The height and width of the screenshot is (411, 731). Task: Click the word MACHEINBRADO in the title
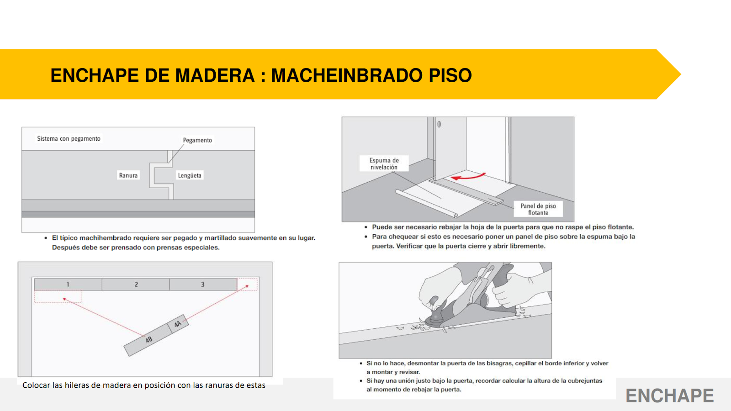346,75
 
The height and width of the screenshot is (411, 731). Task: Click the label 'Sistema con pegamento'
69,138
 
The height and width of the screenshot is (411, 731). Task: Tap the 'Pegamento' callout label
197,140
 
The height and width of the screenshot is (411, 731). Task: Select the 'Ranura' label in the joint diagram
128,175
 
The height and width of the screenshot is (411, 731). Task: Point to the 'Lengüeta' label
190,175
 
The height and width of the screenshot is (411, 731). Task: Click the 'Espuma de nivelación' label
384,163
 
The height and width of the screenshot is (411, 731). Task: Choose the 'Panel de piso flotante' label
538,209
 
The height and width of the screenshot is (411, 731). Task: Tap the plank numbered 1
68,285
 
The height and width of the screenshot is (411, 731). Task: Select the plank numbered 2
136,285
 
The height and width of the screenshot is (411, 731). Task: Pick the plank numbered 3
203,285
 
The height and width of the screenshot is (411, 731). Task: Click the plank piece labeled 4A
178,324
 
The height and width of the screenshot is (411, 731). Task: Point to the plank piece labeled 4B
148,340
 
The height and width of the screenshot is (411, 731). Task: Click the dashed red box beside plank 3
248,285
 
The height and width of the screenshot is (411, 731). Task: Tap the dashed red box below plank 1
58,297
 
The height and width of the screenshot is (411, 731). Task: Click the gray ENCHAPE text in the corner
669,395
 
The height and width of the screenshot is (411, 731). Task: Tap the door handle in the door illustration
439,124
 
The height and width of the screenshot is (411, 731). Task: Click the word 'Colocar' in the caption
36,385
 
